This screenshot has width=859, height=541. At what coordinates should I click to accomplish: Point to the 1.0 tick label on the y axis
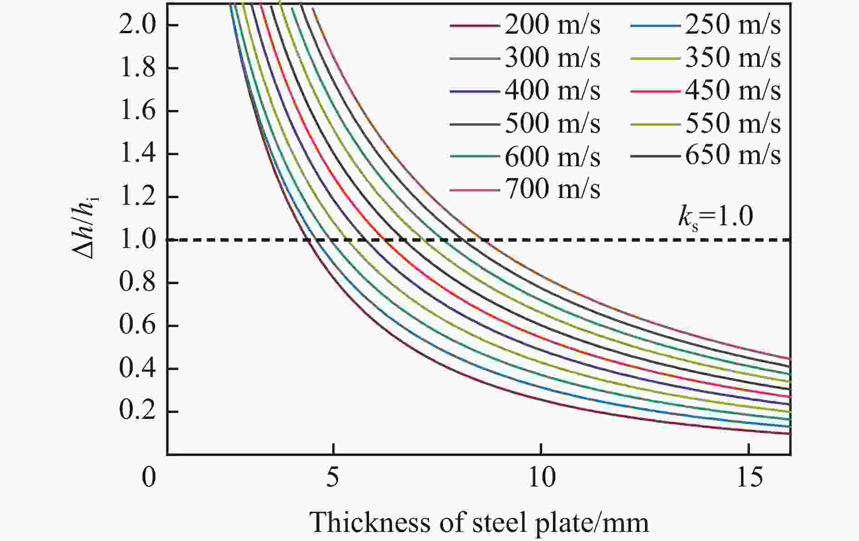pos(136,240)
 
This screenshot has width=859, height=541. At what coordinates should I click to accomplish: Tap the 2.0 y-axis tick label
pos(136,25)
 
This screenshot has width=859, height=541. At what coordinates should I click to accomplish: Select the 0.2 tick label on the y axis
pos(136,411)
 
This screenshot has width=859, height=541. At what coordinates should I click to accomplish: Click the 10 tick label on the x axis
pos(541,477)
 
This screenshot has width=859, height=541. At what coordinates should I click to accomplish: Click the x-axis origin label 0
pos(149,477)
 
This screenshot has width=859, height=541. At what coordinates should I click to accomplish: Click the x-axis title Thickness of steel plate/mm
pos(479,522)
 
